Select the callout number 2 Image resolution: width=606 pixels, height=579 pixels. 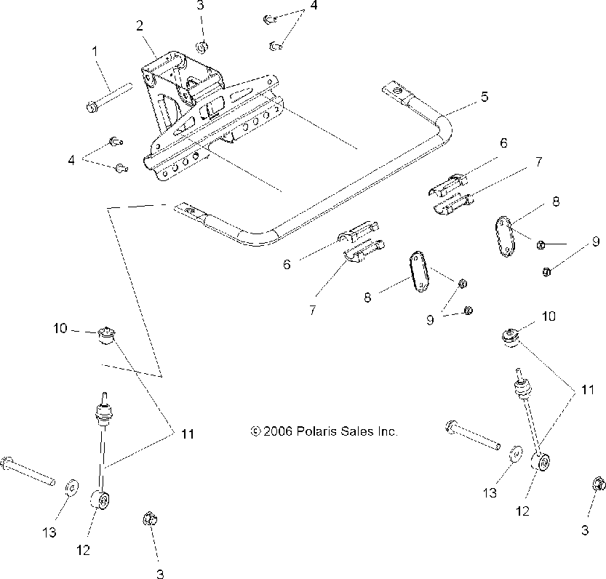click(139, 26)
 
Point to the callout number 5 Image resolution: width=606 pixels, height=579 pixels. click(484, 95)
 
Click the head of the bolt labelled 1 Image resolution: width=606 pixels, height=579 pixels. click(92, 108)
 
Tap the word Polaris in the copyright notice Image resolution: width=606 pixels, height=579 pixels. click(316, 431)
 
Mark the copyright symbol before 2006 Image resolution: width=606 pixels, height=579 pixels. click(255, 431)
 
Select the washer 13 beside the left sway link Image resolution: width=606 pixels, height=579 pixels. click(72, 486)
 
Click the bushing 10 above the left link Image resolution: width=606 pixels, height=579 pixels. click(108, 335)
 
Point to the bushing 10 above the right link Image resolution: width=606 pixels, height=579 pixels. click(511, 337)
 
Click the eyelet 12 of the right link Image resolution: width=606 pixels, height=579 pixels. click(541, 463)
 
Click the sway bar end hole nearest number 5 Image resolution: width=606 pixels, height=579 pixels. click(395, 90)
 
